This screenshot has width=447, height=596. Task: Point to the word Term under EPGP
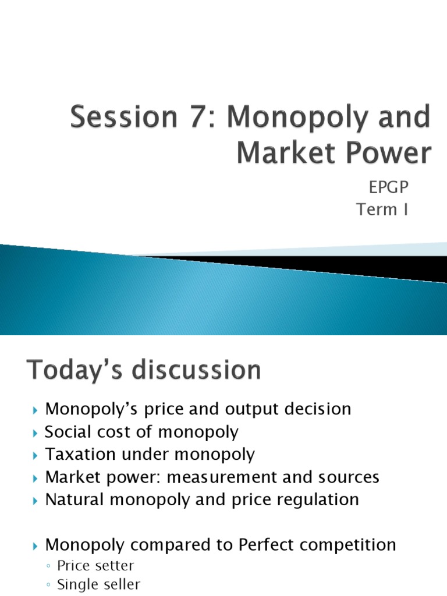coord(375,210)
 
